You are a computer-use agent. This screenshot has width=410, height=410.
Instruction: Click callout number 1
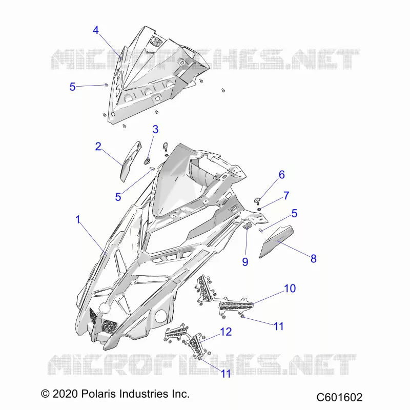[78, 219]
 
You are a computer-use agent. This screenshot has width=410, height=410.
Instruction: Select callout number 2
[98, 147]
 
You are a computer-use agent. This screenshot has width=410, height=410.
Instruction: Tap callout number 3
[155, 129]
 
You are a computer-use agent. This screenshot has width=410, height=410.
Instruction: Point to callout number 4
[96, 30]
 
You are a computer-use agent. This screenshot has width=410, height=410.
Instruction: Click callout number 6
[281, 175]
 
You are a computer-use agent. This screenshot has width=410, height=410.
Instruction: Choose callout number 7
[286, 195]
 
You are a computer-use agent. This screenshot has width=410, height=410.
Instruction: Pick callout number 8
[313, 259]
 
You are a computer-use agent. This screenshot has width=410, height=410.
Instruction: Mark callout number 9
[245, 262]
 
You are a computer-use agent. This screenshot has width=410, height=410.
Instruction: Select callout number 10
[290, 289]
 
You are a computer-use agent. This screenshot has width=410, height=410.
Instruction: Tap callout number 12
[226, 332]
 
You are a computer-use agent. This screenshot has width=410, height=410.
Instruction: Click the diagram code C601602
[339, 397]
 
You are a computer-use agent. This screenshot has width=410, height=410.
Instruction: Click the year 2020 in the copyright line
[65, 394]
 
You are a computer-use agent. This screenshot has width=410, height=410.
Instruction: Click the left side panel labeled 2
[130, 161]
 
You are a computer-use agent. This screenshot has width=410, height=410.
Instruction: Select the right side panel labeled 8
[277, 241]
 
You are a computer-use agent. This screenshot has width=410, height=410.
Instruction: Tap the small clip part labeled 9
[247, 225]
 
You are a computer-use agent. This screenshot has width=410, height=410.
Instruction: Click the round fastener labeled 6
[257, 201]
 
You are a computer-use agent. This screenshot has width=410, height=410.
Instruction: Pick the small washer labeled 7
[259, 209]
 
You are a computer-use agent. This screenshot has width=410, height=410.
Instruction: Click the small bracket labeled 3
[148, 160]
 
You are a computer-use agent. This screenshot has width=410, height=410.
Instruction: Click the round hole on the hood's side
[161, 316]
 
